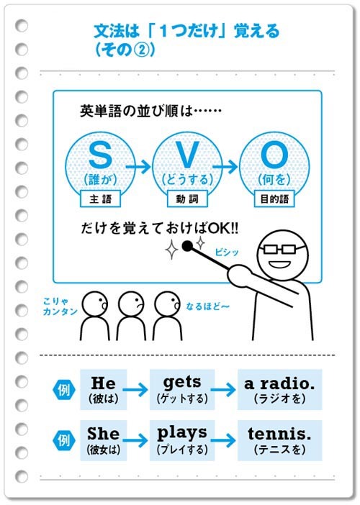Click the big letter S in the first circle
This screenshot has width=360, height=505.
click(x=100, y=155)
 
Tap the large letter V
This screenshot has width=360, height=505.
click(x=186, y=155)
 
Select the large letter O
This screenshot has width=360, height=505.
click(x=274, y=155)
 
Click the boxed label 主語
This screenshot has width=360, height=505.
click(x=100, y=199)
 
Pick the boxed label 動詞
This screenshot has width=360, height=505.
click(x=187, y=199)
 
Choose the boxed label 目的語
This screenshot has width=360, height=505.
click(x=274, y=199)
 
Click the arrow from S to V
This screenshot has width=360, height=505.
click(x=138, y=166)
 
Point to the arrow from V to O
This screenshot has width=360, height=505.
click(x=225, y=166)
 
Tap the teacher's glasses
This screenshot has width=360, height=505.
click(x=280, y=249)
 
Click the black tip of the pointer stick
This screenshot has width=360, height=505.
click(x=187, y=246)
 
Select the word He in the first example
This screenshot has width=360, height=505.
click(x=103, y=383)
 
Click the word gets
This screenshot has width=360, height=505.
click(x=182, y=383)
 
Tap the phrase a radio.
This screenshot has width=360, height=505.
click(x=279, y=383)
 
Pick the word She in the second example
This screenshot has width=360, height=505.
click(x=103, y=434)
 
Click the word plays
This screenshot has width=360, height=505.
click(x=182, y=434)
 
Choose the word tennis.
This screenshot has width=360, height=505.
click(x=279, y=434)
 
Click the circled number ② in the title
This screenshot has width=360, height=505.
click(x=140, y=50)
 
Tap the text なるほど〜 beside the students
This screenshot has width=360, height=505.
click(x=207, y=306)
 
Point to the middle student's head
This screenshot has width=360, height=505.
click(x=131, y=304)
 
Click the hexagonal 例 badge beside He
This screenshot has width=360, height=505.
click(x=63, y=390)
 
